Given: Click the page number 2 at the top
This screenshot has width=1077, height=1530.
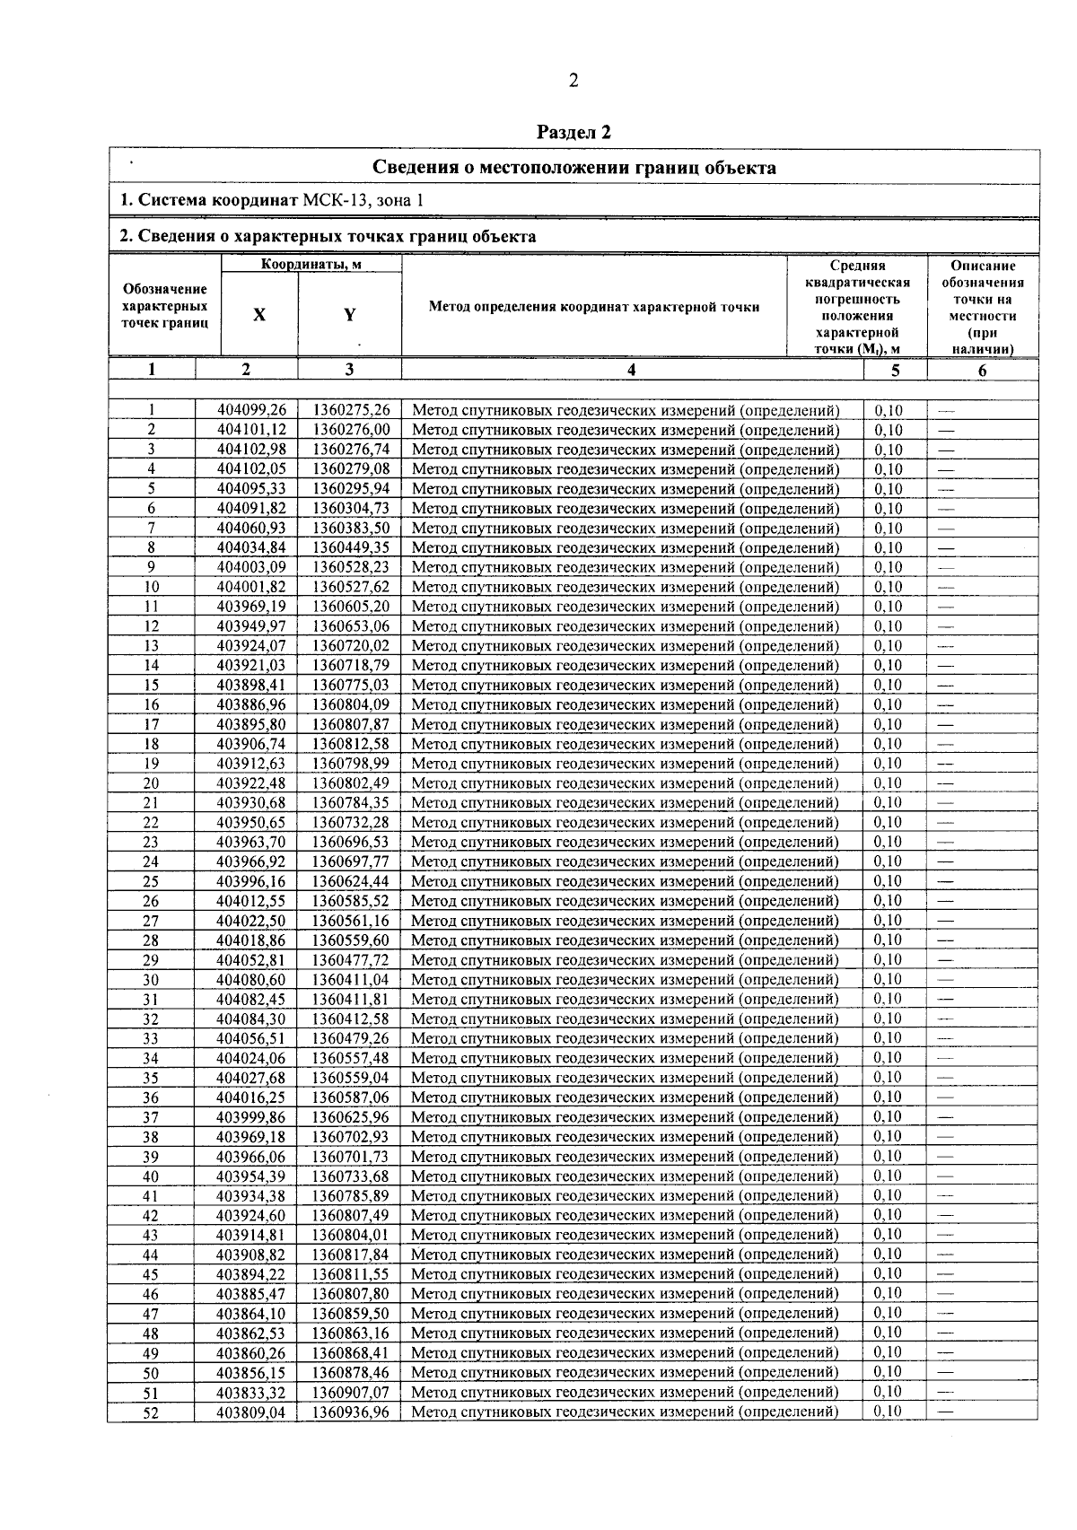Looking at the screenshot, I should click(574, 82).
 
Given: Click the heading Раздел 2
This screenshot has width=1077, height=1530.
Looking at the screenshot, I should click(574, 133).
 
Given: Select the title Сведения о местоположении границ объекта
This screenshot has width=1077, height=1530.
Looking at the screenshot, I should click(574, 168).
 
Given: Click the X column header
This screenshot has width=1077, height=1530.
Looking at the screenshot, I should click(259, 315).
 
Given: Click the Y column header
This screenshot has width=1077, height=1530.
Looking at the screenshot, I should click(349, 315).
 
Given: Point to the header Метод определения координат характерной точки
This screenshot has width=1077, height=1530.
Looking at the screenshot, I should click(594, 307).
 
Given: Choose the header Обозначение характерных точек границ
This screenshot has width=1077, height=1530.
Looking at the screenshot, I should click(165, 306).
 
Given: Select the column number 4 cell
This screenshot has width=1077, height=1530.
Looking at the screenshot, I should click(632, 370).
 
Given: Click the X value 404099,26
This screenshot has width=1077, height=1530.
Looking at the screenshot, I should click(251, 411).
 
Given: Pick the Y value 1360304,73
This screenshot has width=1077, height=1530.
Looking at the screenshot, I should click(351, 509).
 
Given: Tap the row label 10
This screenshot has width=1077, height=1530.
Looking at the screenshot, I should click(152, 588).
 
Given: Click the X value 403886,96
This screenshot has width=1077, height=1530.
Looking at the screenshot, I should click(251, 705).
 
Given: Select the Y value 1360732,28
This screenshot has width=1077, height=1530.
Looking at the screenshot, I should click(351, 823).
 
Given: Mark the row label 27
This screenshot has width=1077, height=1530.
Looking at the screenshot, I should click(151, 921).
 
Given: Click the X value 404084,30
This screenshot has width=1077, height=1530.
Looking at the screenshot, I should click(251, 1019).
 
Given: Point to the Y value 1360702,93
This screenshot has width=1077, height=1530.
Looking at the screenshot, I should click(351, 1137).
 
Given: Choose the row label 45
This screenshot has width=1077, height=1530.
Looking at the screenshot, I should click(151, 1274).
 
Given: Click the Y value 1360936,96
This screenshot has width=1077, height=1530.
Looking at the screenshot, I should click(351, 1412).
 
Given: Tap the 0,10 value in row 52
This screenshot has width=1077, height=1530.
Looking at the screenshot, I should click(889, 1412).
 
